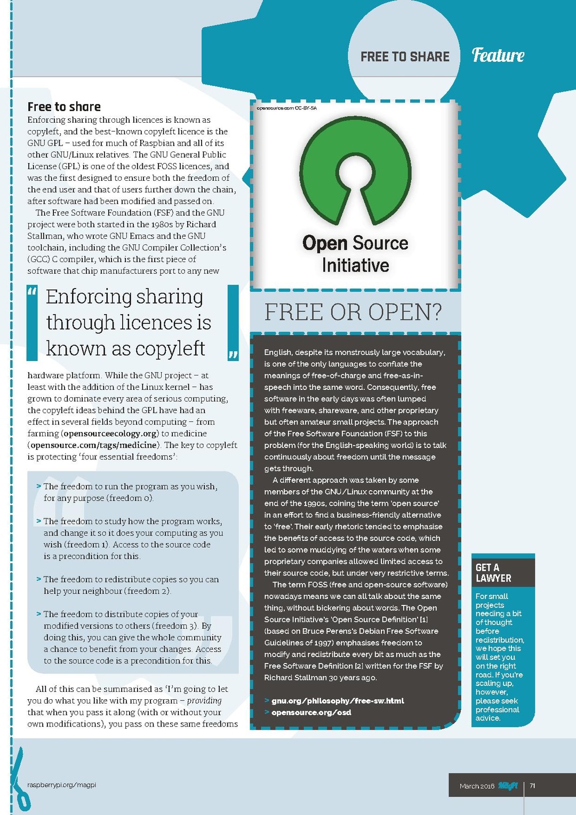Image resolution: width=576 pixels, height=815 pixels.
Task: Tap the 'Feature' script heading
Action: (x=498, y=55)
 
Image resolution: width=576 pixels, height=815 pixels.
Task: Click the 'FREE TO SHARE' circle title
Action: (x=405, y=57)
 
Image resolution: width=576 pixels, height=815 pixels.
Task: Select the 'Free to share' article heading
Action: (x=64, y=107)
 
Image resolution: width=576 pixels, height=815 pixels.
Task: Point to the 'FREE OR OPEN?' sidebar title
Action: (x=353, y=312)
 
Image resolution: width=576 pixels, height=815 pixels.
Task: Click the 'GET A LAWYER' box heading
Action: (x=493, y=573)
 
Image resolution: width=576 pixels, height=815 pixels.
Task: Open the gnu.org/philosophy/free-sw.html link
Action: (x=338, y=701)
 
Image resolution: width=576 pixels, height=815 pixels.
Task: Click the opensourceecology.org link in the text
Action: (x=110, y=434)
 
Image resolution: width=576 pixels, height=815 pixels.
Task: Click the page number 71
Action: (x=533, y=786)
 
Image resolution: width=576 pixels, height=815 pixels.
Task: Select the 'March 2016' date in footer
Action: (x=477, y=786)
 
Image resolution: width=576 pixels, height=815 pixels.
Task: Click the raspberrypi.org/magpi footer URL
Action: (x=61, y=785)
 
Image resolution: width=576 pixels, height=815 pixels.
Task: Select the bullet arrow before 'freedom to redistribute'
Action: (x=39, y=579)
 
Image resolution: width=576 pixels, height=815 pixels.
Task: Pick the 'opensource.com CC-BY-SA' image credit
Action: (x=286, y=108)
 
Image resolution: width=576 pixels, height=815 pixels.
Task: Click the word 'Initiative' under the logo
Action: (x=355, y=266)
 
